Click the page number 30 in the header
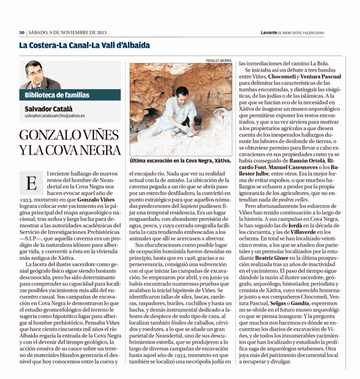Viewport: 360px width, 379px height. [22, 33]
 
